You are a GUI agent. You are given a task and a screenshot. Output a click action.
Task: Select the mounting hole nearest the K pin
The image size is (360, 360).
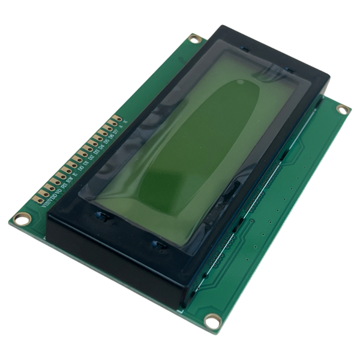click(x=193, y=38)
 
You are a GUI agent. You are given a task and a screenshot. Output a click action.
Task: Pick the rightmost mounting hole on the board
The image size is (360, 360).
click(x=342, y=109)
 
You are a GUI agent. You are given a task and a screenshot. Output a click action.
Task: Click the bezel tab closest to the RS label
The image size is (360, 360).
click(x=99, y=214)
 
